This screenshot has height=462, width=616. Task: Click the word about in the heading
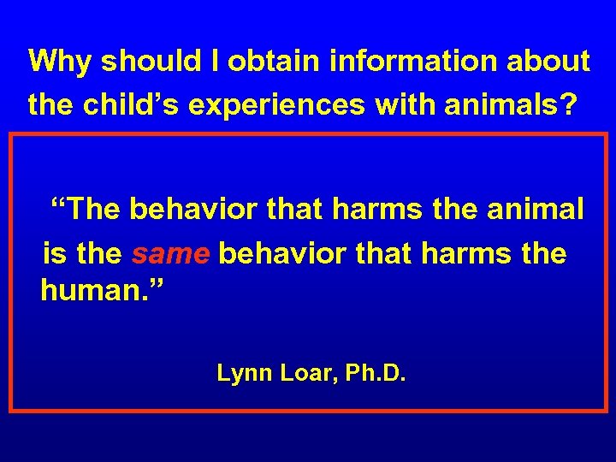(553, 62)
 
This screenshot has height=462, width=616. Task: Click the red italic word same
(170, 254)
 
